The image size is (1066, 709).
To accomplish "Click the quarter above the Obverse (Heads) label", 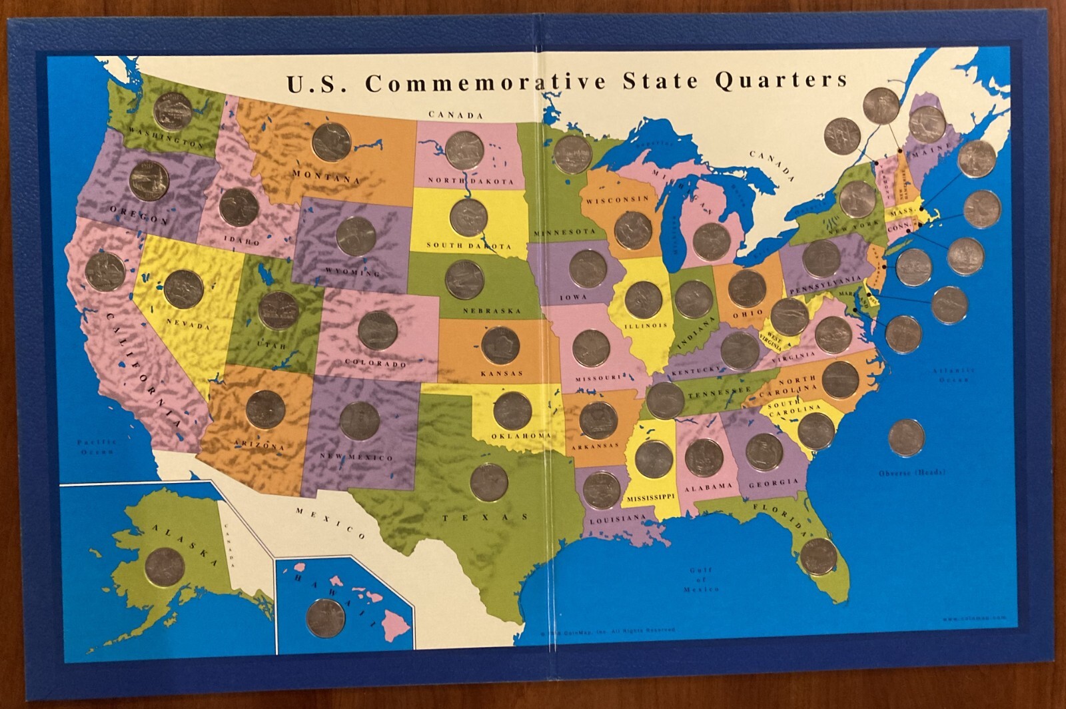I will pyautogui.click(x=906, y=438).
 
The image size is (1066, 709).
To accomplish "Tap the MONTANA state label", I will pyautogui.click(x=326, y=177).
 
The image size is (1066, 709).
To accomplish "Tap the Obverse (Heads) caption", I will pyautogui.click(x=911, y=473).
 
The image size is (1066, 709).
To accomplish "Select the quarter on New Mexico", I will pyautogui.click(x=359, y=421).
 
